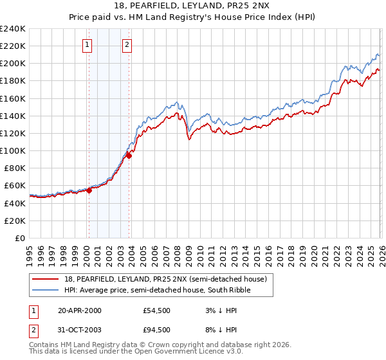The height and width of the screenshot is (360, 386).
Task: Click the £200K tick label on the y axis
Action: (12, 64)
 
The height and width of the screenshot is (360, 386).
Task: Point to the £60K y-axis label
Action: (14, 185)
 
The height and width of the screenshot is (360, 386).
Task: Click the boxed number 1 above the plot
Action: (87, 44)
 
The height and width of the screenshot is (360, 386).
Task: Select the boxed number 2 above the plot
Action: (127, 44)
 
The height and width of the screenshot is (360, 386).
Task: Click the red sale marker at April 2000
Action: (89, 190)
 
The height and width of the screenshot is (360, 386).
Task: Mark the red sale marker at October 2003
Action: (129, 155)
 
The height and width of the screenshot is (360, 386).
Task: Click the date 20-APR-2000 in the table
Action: (80, 310)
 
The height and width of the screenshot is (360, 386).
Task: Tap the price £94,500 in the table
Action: (157, 330)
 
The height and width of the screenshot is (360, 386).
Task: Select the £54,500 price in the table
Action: (157, 310)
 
